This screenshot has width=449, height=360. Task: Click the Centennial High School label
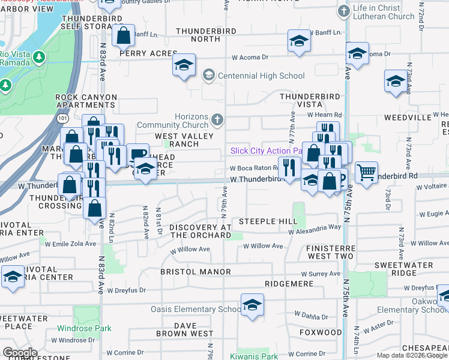pyautogui.click(x=261, y=76)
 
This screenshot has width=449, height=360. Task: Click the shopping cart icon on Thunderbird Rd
pyautogui.click(x=366, y=172)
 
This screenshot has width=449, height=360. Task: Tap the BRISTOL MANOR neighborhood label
pyautogui.click(x=195, y=272)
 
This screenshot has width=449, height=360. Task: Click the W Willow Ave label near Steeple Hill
pyautogui.click(x=263, y=246)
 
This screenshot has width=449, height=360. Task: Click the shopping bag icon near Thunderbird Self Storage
pyautogui.click(x=123, y=35)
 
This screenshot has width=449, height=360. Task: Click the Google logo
pyautogui.click(x=20, y=352)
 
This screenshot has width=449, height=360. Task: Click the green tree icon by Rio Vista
pyautogui.click(x=39, y=57)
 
